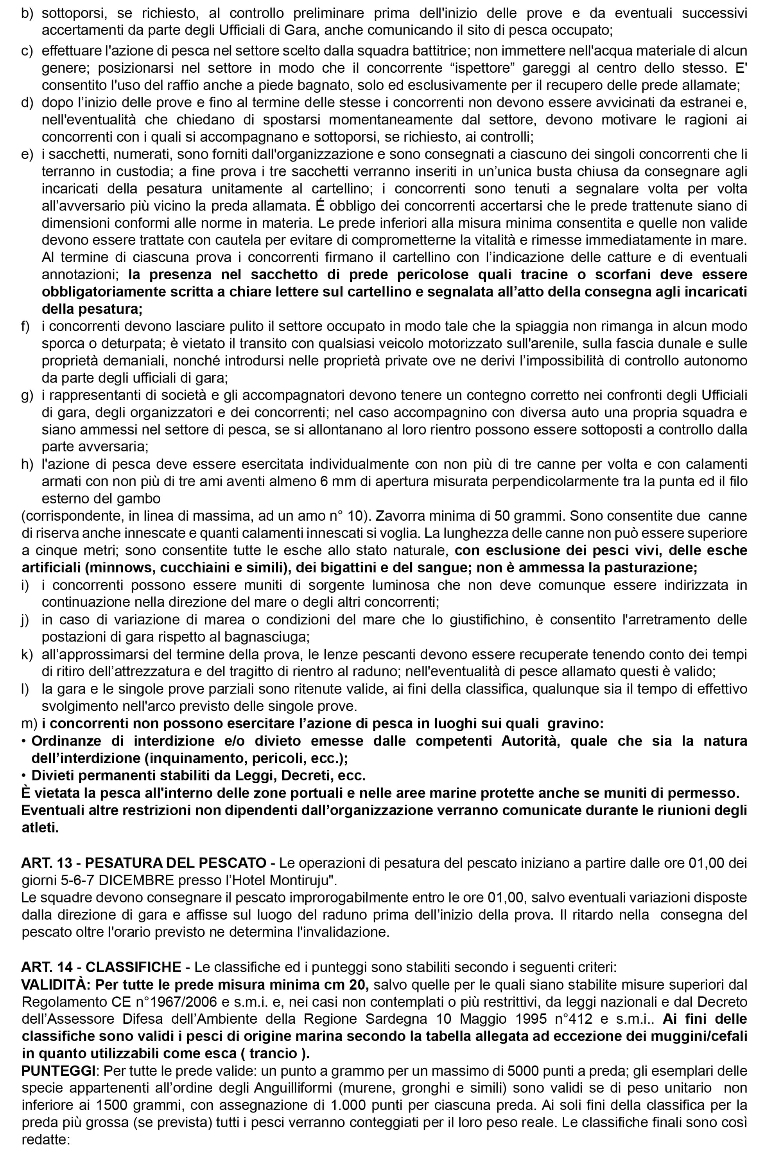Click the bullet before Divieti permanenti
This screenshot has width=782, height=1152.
24,775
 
